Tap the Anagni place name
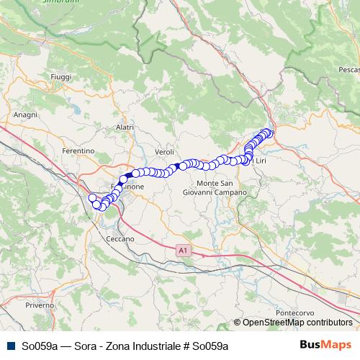[x=25, y=114]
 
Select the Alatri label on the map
[x=125, y=127]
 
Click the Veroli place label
[x=165, y=153]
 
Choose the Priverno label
[x=40, y=305]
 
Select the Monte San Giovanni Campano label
[x=215, y=189]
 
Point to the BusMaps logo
[x=324, y=345]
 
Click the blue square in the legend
[x=11, y=346]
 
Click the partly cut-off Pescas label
[x=348, y=70]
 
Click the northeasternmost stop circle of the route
[x=269, y=132]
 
